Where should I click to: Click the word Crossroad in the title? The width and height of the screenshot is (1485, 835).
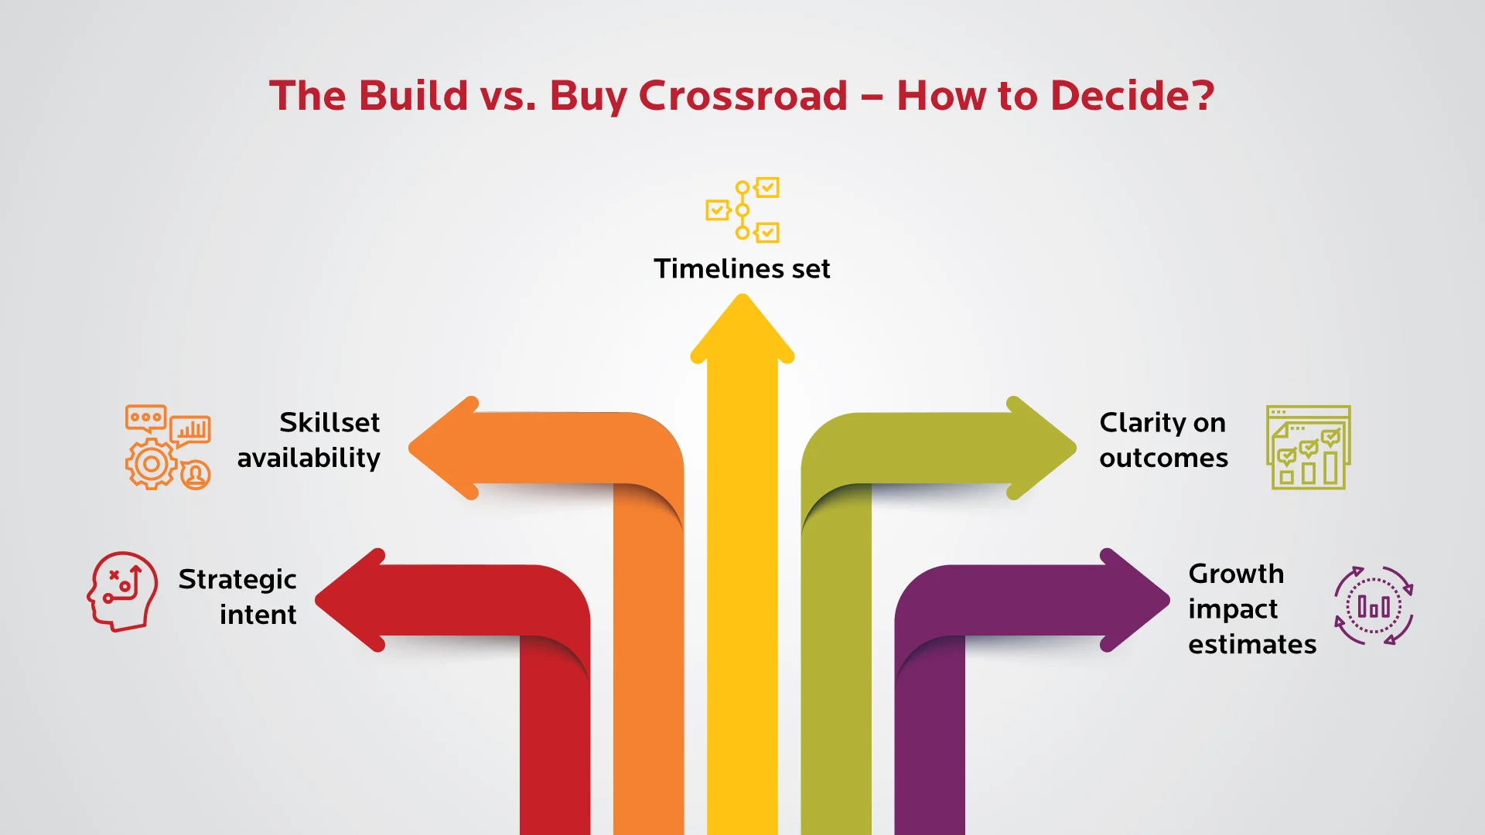click(742, 96)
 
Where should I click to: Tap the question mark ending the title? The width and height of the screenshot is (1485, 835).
click(1202, 96)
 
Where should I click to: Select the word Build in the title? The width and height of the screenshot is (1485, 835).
click(414, 96)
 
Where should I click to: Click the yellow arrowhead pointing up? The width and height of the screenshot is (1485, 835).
click(742, 329)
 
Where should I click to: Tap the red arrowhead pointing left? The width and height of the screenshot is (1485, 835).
click(353, 600)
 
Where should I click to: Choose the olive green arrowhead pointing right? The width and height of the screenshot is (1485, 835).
click(1039, 448)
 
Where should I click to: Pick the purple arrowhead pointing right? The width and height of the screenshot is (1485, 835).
click(1132, 600)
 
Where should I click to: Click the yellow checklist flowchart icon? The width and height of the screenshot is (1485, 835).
click(742, 210)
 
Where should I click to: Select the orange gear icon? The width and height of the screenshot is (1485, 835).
click(151, 464)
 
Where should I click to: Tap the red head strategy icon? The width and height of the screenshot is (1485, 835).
click(122, 591)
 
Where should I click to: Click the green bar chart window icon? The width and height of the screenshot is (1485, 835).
click(1309, 448)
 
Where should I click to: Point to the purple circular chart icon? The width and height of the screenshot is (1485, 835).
click(1374, 605)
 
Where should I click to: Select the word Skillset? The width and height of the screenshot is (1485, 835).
click(329, 423)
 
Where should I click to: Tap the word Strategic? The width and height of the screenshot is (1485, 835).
click(237, 580)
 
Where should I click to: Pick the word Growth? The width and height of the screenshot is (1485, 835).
click(1236, 574)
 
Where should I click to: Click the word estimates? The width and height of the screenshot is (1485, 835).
click(1252, 645)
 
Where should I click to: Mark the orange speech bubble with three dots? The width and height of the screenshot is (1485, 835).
click(146, 417)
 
